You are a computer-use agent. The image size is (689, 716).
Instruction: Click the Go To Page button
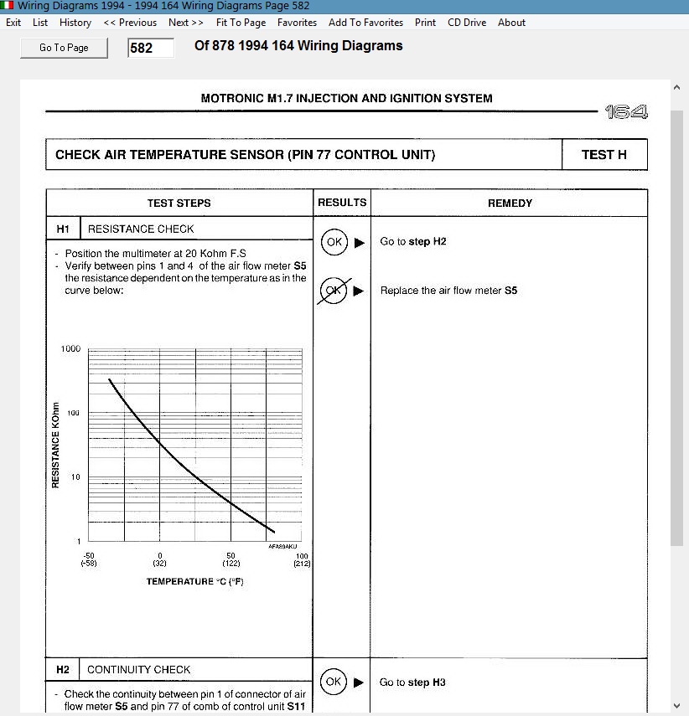click(x=65, y=48)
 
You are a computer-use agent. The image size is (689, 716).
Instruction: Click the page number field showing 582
click(x=151, y=48)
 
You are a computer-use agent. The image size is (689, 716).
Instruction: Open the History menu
click(x=75, y=23)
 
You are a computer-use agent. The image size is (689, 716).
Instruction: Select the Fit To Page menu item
click(x=241, y=23)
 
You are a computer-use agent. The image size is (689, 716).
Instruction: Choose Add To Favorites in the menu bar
click(x=365, y=23)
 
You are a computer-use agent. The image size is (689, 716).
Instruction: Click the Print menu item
click(x=425, y=23)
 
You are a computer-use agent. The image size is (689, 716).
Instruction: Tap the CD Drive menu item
click(x=467, y=23)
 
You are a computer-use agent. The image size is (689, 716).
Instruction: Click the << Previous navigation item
click(x=130, y=23)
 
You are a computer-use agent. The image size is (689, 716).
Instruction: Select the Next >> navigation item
click(x=186, y=23)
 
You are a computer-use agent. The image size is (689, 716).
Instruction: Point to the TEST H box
click(x=604, y=155)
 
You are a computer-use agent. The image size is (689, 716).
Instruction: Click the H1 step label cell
click(x=64, y=229)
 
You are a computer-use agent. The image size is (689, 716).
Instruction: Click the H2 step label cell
click(x=63, y=669)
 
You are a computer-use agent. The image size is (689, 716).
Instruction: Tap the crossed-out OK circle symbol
click(x=334, y=291)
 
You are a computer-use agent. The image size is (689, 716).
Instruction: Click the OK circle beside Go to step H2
click(x=334, y=242)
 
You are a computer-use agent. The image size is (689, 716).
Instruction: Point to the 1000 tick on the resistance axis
click(x=70, y=348)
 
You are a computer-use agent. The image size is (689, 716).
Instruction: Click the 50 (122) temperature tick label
click(x=231, y=559)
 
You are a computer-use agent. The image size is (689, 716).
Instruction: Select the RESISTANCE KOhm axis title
click(x=55, y=445)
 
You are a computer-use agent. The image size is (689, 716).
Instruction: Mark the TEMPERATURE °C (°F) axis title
click(x=194, y=581)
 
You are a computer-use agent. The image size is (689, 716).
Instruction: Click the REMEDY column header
click(x=510, y=203)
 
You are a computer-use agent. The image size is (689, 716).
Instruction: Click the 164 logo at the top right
click(x=626, y=112)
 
